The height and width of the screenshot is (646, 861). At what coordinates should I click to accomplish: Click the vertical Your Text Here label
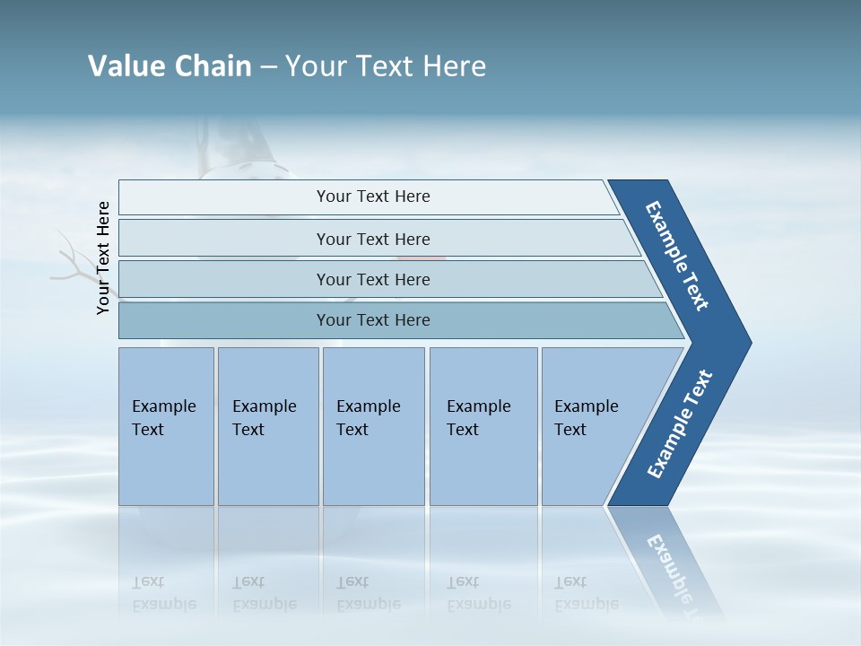pos(103,258)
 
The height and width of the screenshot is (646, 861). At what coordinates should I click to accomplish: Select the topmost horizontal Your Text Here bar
pos(372,196)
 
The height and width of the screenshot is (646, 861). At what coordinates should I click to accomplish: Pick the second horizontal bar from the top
pos(372,239)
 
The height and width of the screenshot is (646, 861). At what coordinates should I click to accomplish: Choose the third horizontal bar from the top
pos(372,279)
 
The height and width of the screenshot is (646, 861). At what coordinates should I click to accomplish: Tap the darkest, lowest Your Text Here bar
pos(372,320)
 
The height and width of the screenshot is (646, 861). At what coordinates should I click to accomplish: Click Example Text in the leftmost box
pos(165,418)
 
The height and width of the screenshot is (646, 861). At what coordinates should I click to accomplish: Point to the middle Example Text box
pos(372,418)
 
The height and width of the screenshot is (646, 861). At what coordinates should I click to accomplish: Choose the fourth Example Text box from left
pos(483,418)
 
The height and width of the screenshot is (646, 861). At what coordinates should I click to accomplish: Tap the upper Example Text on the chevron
pos(677,256)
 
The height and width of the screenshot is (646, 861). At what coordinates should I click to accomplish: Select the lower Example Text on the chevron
pos(680,424)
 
